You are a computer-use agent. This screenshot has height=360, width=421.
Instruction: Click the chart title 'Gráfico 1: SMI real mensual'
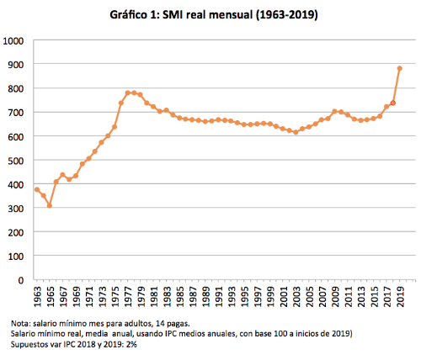210,14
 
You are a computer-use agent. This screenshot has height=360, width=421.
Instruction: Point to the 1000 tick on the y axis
14,40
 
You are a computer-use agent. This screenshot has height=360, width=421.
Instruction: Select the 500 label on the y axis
16,160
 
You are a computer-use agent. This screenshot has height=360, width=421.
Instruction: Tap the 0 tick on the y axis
21,279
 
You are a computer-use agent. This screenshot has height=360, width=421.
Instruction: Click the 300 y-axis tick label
16,208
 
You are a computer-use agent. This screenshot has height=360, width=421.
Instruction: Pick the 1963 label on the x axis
37,296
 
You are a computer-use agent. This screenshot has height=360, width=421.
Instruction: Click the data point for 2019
399,69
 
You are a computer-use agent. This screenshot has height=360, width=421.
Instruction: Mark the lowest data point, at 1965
50,205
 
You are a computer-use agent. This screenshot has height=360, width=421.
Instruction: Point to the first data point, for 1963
37,190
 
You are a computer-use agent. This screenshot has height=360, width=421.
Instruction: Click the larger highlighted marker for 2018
392,103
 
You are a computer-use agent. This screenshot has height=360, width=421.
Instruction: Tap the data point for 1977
127,93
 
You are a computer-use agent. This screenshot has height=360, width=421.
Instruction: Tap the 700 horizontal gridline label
16,112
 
